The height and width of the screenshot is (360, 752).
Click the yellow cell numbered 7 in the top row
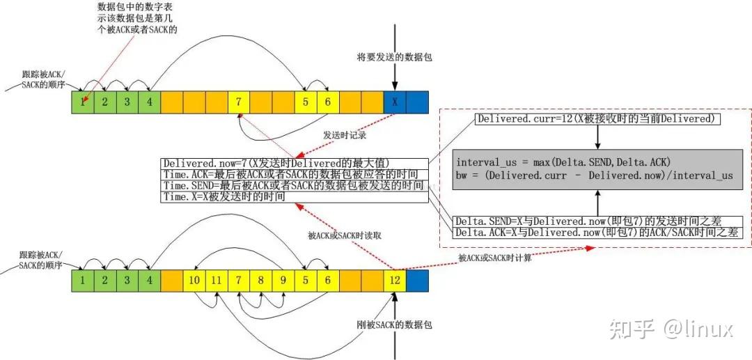[239, 102]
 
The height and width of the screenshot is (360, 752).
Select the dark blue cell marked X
[394, 102]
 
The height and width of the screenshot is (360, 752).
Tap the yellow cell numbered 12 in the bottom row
[394, 281]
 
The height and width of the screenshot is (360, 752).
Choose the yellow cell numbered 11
[217, 281]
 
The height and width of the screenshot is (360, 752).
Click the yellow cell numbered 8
[261, 281]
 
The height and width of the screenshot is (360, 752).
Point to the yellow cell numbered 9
[283, 281]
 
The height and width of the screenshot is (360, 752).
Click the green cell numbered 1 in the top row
[83, 102]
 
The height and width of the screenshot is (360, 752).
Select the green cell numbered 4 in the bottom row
[150, 281]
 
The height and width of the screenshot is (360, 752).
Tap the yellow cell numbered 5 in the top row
[305, 102]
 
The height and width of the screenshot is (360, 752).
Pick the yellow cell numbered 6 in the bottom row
[327, 281]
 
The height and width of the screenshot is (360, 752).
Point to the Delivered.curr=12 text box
[597, 119]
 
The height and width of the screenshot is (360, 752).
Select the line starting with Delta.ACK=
[597, 232]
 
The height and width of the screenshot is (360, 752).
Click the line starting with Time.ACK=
[292, 174]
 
